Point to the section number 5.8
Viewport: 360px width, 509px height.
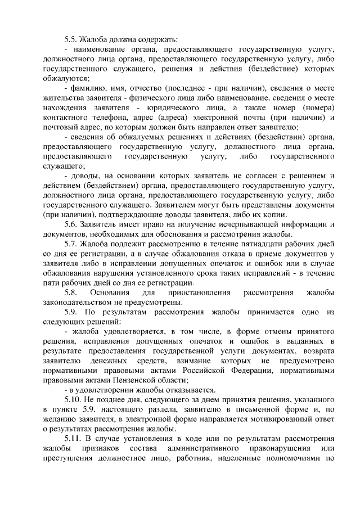(70, 293)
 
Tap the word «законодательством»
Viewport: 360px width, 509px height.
(78, 303)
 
